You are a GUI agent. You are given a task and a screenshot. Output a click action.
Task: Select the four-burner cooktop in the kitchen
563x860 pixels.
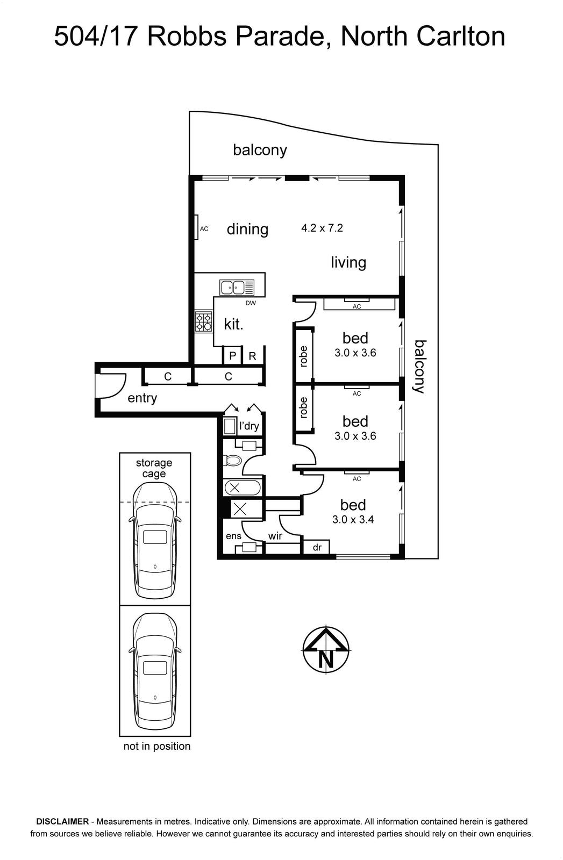(x=204, y=321)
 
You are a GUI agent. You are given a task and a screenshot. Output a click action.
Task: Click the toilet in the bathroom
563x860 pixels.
(x=232, y=460)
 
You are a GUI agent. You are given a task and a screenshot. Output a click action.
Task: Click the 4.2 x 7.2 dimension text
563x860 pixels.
(x=322, y=228)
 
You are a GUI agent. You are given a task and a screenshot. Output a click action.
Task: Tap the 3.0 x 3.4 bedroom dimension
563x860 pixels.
(x=353, y=519)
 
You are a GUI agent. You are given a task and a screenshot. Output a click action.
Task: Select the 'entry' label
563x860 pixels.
(x=142, y=398)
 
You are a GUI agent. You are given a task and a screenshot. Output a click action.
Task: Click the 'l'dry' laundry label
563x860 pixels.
(x=249, y=426)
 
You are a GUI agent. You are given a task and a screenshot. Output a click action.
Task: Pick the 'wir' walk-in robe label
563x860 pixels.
(x=275, y=536)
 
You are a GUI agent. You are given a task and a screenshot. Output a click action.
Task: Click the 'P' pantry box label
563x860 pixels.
(x=232, y=356)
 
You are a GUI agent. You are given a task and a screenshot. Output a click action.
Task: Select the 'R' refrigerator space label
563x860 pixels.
(x=252, y=356)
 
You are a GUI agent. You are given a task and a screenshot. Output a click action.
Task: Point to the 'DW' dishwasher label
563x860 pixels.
(x=251, y=303)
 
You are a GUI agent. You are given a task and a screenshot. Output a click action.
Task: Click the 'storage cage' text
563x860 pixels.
(x=154, y=468)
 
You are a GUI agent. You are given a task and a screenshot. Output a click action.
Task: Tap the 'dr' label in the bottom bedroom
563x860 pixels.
(x=317, y=547)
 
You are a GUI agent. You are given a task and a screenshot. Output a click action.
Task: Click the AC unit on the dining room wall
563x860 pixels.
(x=196, y=228)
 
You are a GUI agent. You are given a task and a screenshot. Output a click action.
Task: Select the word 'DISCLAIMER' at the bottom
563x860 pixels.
(x=62, y=821)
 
